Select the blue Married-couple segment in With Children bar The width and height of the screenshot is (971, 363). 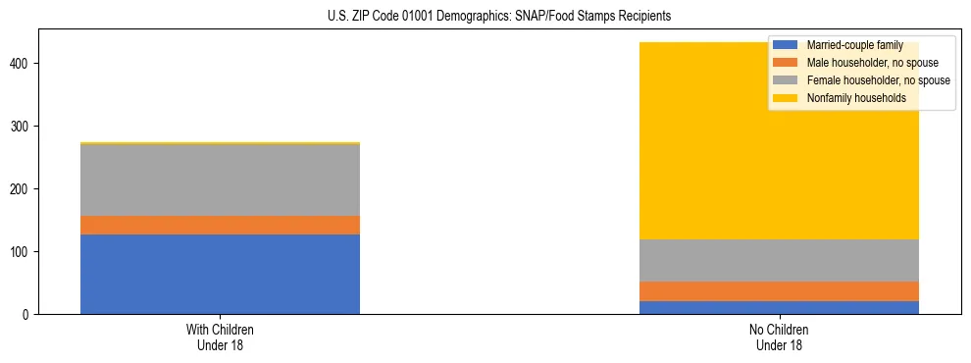click(x=220, y=274)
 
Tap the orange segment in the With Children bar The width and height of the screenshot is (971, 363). click(x=220, y=225)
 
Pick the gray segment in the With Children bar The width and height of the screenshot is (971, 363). click(x=220, y=180)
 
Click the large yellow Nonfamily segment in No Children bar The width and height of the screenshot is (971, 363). click(x=779, y=177)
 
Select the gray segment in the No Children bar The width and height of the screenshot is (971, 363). click(x=779, y=260)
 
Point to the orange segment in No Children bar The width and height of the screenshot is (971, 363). click(x=779, y=291)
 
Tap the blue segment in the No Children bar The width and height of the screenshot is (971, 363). click(x=779, y=307)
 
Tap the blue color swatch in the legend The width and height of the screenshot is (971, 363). click(x=786, y=45)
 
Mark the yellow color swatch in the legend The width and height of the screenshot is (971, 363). click(x=786, y=98)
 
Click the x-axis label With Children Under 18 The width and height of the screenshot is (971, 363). click(x=220, y=337)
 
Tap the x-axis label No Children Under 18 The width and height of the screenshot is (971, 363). click(x=779, y=337)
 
